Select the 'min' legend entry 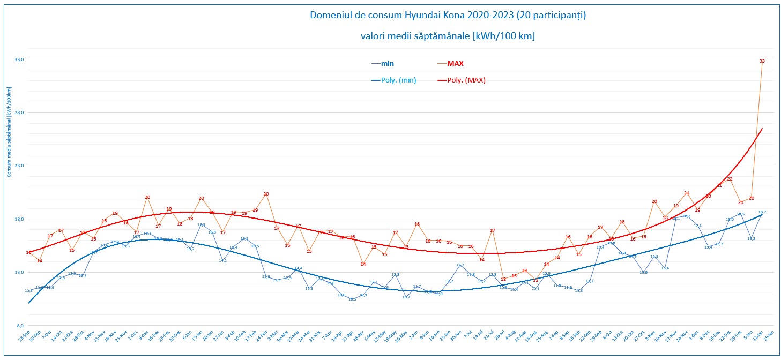pos(387,63)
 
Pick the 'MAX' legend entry pos(455,63)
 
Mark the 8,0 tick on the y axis pos(19,326)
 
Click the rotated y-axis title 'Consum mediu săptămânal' pos(9,134)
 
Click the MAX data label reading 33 pos(762,61)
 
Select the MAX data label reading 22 pos(730,179)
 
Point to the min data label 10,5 pos(352,299)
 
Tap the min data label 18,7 pos(762,212)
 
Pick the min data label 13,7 pos(460,265)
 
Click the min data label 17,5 pos(201,225)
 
